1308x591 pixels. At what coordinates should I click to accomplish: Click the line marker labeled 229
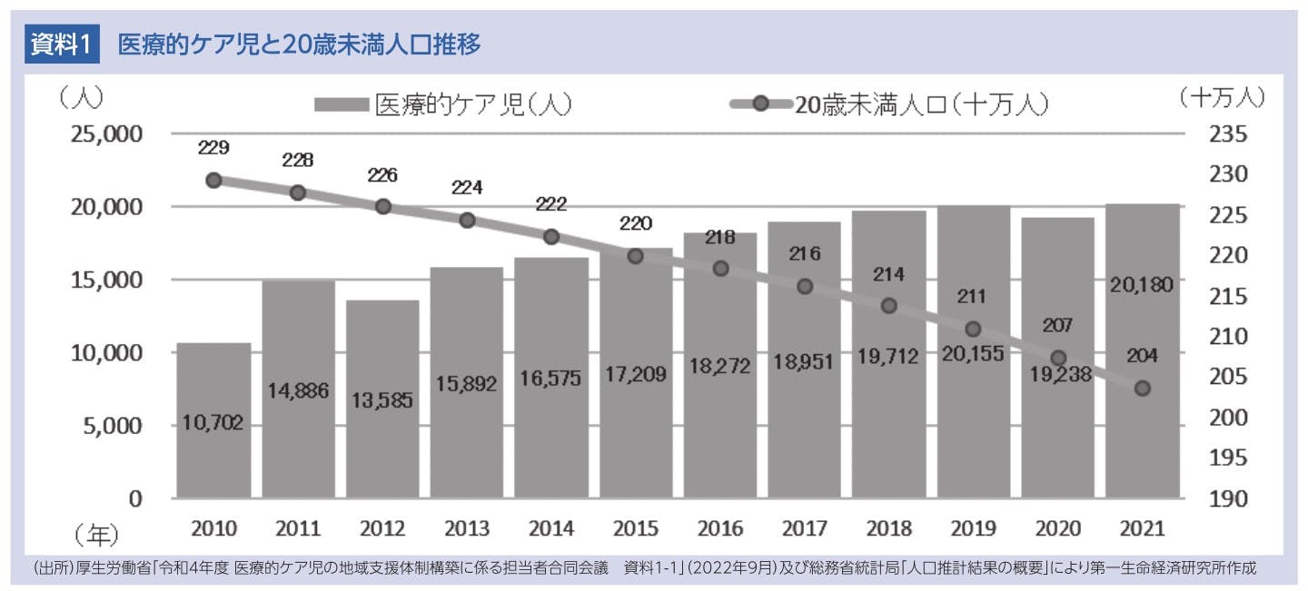tap(213, 181)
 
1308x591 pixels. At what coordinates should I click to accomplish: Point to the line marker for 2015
tap(636, 256)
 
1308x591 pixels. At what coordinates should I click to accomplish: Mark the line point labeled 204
tap(1142, 389)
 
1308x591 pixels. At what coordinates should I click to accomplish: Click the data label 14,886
tap(298, 391)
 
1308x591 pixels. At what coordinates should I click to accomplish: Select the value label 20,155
tap(973, 354)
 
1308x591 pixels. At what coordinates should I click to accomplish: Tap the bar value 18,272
tap(719, 367)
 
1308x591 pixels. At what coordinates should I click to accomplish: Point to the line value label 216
tap(804, 254)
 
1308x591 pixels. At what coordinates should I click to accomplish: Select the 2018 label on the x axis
tap(888, 529)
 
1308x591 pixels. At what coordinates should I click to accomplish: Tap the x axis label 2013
tap(467, 529)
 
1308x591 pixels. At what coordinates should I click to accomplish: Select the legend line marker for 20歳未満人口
tap(759, 105)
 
